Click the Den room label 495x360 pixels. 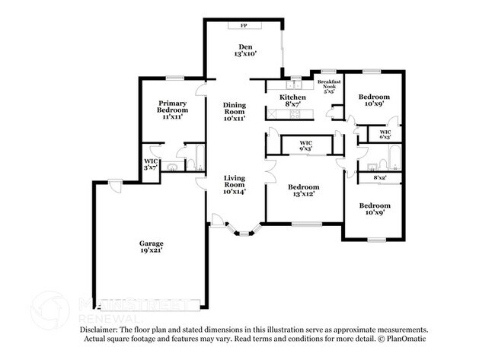[x=244, y=46]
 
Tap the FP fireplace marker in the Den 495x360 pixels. [x=244, y=26]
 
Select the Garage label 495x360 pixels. [x=151, y=243]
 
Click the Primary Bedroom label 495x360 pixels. [x=173, y=107]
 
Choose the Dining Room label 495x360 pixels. [x=235, y=111]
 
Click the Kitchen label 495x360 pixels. [x=292, y=97]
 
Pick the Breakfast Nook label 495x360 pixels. [x=328, y=84]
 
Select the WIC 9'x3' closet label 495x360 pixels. [x=305, y=145]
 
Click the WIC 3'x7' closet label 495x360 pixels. [x=150, y=164]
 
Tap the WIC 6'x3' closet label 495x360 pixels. [x=385, y=134]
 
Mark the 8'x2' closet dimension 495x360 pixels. [x=379, y=177]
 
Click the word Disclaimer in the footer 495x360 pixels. [x=102, y=330]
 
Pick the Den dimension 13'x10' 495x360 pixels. [x=244, y=54]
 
